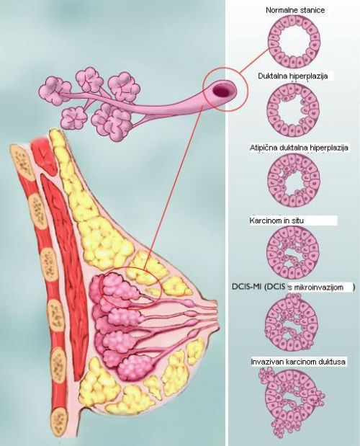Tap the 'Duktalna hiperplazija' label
pyautogui.click(x=292, y=76)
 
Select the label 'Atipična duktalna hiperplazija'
pyautogui.click(x=299, y=148)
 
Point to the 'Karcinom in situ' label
pyautogui.click(x=276, y=220)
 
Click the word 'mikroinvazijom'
pyautogui.click(x=318, y=287)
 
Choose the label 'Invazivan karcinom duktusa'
pyautogui.click(x=298, y=362)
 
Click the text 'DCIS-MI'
pyautogui.click(x=247, y=287)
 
